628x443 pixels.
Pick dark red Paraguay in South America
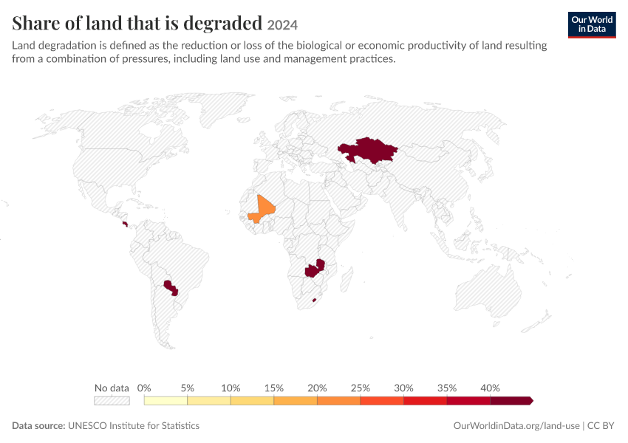tap(171, 287)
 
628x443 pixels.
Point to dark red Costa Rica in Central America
tap(126, 224)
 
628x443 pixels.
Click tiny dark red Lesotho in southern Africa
tap(315, 300)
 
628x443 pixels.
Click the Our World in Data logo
tap(592, 25)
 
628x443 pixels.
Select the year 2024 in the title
tap(282, 25)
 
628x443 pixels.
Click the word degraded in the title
tap(222, 23)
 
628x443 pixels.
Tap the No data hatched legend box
tap(112, 401)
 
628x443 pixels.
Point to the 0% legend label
tap(144, 388)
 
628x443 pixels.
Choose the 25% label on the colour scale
tap(361, 388)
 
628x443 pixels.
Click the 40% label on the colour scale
tap(491, 388)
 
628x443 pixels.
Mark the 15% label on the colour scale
tap(274, 388)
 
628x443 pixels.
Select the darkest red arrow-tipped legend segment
tap(511, 401)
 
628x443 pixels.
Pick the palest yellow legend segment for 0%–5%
tap(165, 401)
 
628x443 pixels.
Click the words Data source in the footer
tap(38, 425)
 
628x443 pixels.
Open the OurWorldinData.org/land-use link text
tap(516, 425)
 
